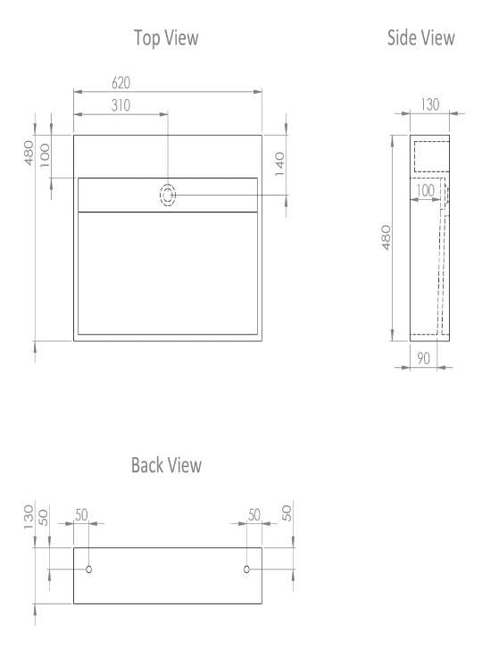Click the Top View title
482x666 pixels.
(166, 37)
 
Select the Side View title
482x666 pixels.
(420, 37)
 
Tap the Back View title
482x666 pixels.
(166, 465)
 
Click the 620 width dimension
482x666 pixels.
(121, 83)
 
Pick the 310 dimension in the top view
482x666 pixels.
(121, 105)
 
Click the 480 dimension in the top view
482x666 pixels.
(29, 153)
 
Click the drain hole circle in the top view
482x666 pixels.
(168, 195)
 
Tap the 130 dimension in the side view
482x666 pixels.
(429, 105)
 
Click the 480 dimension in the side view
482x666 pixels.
(386, 237)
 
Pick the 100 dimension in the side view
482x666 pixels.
(425, 190)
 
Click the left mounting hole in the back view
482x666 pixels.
(88, 569)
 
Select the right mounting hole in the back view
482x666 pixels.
(246, 569)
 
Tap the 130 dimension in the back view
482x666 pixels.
(29, 515)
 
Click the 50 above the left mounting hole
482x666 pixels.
(81, 515)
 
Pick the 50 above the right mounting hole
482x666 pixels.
(253, 515)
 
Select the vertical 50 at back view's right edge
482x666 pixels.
(287, 515)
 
